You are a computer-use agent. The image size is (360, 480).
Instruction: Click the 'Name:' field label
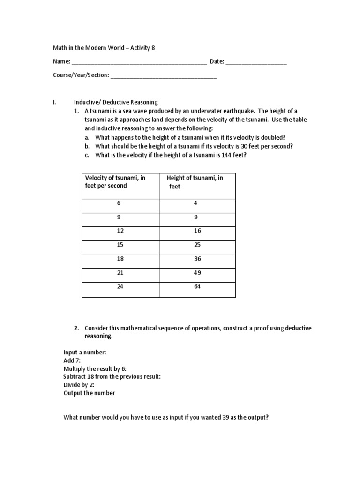click(x=62, y=62)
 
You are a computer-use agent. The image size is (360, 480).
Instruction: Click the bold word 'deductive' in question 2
click(x=299, y=328)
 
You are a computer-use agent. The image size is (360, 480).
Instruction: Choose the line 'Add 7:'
click(x=73, y=360)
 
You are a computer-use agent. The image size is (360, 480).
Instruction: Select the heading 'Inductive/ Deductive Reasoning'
click(x=116, y=102)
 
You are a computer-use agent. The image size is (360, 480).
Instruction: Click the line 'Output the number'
click(x=89, y=393)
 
